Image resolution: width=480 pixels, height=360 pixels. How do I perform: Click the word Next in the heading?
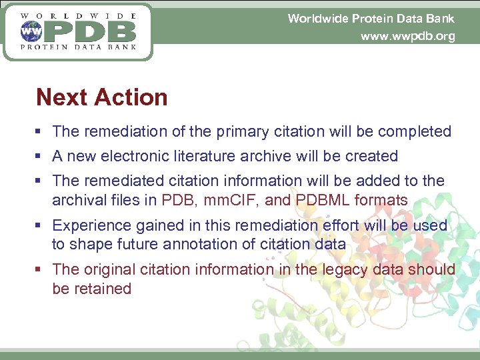[61, 97]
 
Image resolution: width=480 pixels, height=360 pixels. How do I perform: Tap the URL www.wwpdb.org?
[407, 36]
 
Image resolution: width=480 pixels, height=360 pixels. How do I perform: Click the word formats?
[383, 199]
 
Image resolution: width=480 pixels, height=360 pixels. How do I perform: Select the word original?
[110, 269]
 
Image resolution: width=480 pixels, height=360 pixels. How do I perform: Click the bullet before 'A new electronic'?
[42, 157]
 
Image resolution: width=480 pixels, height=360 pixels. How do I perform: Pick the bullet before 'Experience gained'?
[42, 226]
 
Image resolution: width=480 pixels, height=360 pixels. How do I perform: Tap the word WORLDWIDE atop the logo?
[79, 15]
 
